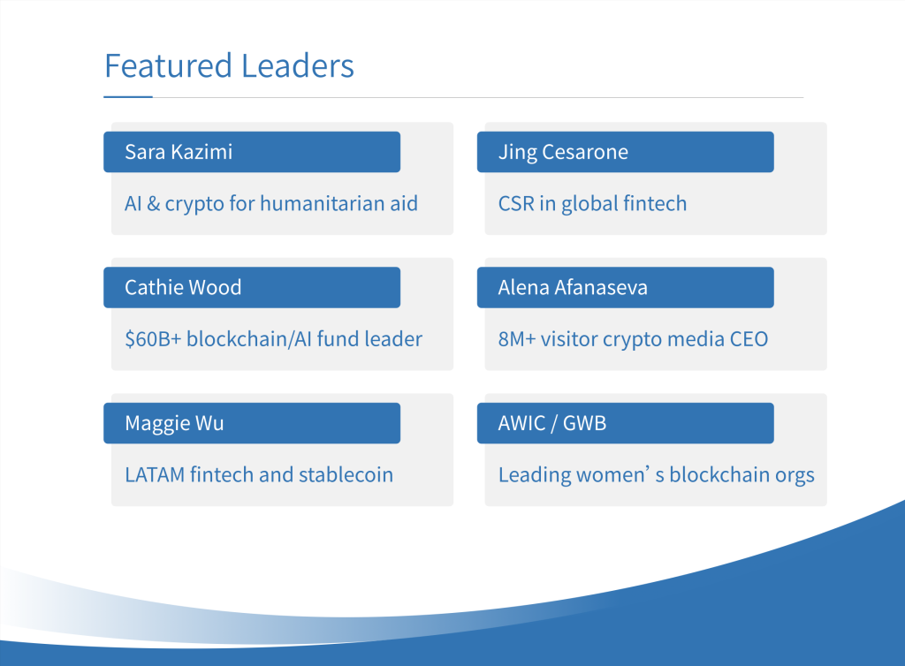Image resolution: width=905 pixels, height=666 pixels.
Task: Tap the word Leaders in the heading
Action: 298,65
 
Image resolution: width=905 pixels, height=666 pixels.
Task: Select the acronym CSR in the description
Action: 516,203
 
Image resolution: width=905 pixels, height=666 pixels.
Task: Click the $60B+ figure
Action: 153,339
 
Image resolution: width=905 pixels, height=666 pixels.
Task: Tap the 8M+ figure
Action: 517,339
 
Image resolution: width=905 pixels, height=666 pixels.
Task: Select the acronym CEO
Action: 749,339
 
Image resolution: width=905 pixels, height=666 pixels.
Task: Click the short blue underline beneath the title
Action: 128,97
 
